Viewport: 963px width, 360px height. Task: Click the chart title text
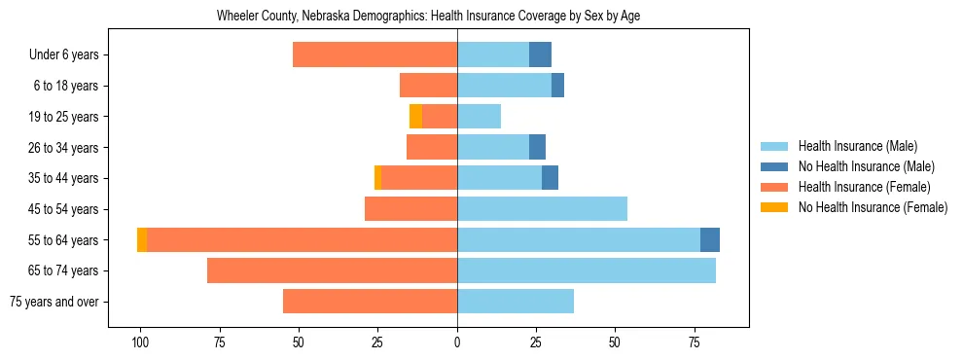[x=428, y=17]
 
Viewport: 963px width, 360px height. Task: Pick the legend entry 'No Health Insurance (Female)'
[x=873, y=207]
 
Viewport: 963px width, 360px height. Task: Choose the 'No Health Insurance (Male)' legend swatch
[x=775, y=167]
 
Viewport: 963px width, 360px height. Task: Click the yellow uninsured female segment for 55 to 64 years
[x=142, y=239]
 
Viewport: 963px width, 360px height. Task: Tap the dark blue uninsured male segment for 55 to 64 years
[x=710, y=239]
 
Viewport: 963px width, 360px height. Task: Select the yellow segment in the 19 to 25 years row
[x=416, y=117]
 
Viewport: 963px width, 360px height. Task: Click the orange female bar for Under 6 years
[x=374, y=55]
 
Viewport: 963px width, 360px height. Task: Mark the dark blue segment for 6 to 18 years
[x=557, y=86]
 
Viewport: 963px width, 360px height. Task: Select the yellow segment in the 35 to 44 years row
[x=377, y=178]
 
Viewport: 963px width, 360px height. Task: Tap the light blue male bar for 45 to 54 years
[x=542, y=209]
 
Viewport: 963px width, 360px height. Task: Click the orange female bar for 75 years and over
[x=370, y=302]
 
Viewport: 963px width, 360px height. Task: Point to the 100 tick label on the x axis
[x=140, y=342]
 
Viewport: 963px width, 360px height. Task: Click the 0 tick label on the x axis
[x=457, y=342]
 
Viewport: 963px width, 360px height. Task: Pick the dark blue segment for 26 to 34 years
[x=538, y=147]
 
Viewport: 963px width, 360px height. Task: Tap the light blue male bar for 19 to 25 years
[x=479, y=117]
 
